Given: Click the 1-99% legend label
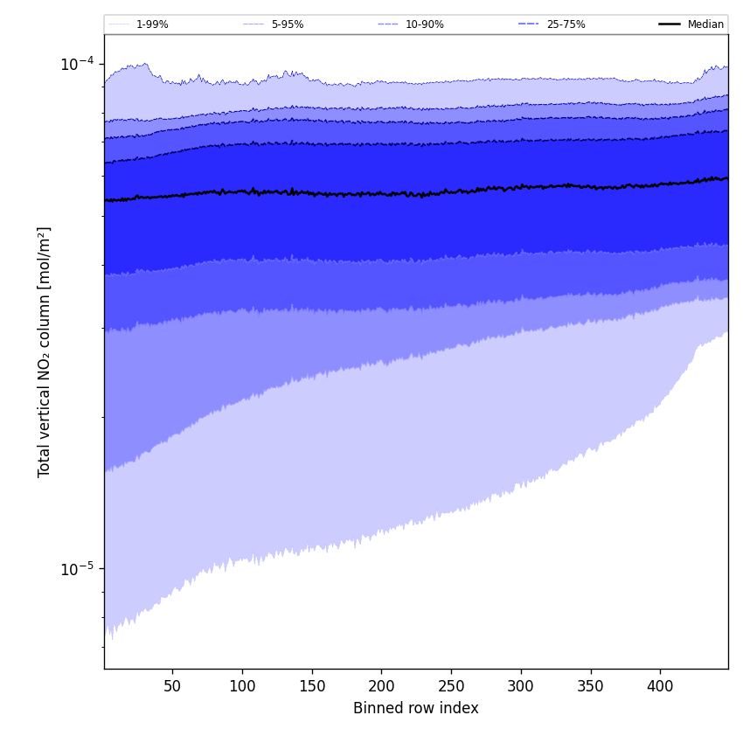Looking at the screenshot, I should [x=152, y=24].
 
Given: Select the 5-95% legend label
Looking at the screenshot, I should [x=288, y=24].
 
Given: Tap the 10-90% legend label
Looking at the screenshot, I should [x=425, y=24].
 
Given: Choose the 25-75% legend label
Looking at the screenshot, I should [x=566, y=24].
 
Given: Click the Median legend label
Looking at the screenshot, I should [x=705, y=24].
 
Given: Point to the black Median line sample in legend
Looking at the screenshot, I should [x=670, y=24].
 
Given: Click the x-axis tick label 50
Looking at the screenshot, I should [x=172, y=686].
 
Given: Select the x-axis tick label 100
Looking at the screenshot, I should [x=242, y=686].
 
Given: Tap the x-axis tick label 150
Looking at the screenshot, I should [x=311, y=686].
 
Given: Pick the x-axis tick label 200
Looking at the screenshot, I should [x=381, y=686].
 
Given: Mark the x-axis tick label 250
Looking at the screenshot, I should [x=451, y=686].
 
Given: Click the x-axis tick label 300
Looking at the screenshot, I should [x=521, y=686].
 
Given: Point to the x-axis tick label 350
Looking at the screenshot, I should [x=590, y=686].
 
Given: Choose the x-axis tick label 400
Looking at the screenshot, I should [x=660, y=686].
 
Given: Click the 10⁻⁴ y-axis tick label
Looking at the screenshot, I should [x=78, y=64].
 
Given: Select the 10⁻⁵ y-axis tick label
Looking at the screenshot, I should [x=78, y=569].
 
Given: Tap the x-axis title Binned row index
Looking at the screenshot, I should [x=416, y=708].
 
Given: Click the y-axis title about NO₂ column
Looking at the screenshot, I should [x=45, y=351].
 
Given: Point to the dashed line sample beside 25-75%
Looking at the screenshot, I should [x=529, y=24].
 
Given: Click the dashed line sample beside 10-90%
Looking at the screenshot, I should [x=388, y=24].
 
